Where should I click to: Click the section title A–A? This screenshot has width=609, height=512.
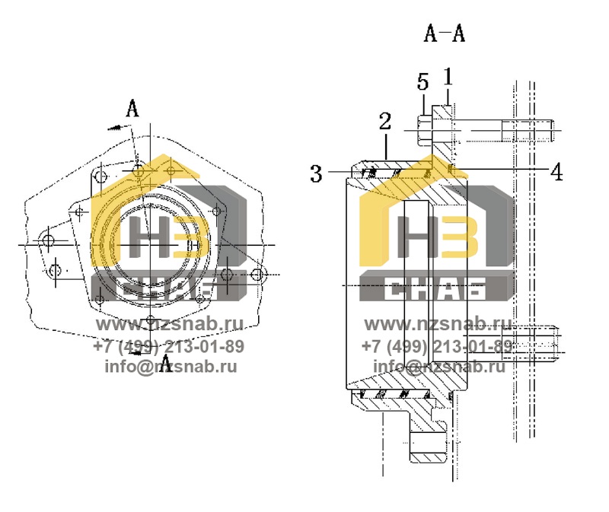point(445,33)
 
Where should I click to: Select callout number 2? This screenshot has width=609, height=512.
point(385,121)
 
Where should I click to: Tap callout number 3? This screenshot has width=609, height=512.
point(316,173)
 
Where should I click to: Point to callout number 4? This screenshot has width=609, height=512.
point(557,172)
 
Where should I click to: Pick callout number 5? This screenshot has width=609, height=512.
point(423,82)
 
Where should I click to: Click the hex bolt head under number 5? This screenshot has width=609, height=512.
point(425,130)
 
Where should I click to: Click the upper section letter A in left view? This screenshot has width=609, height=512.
point(132,108)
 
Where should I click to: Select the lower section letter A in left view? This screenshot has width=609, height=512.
point(166,364)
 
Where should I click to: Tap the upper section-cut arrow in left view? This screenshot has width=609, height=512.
point(120,127)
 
